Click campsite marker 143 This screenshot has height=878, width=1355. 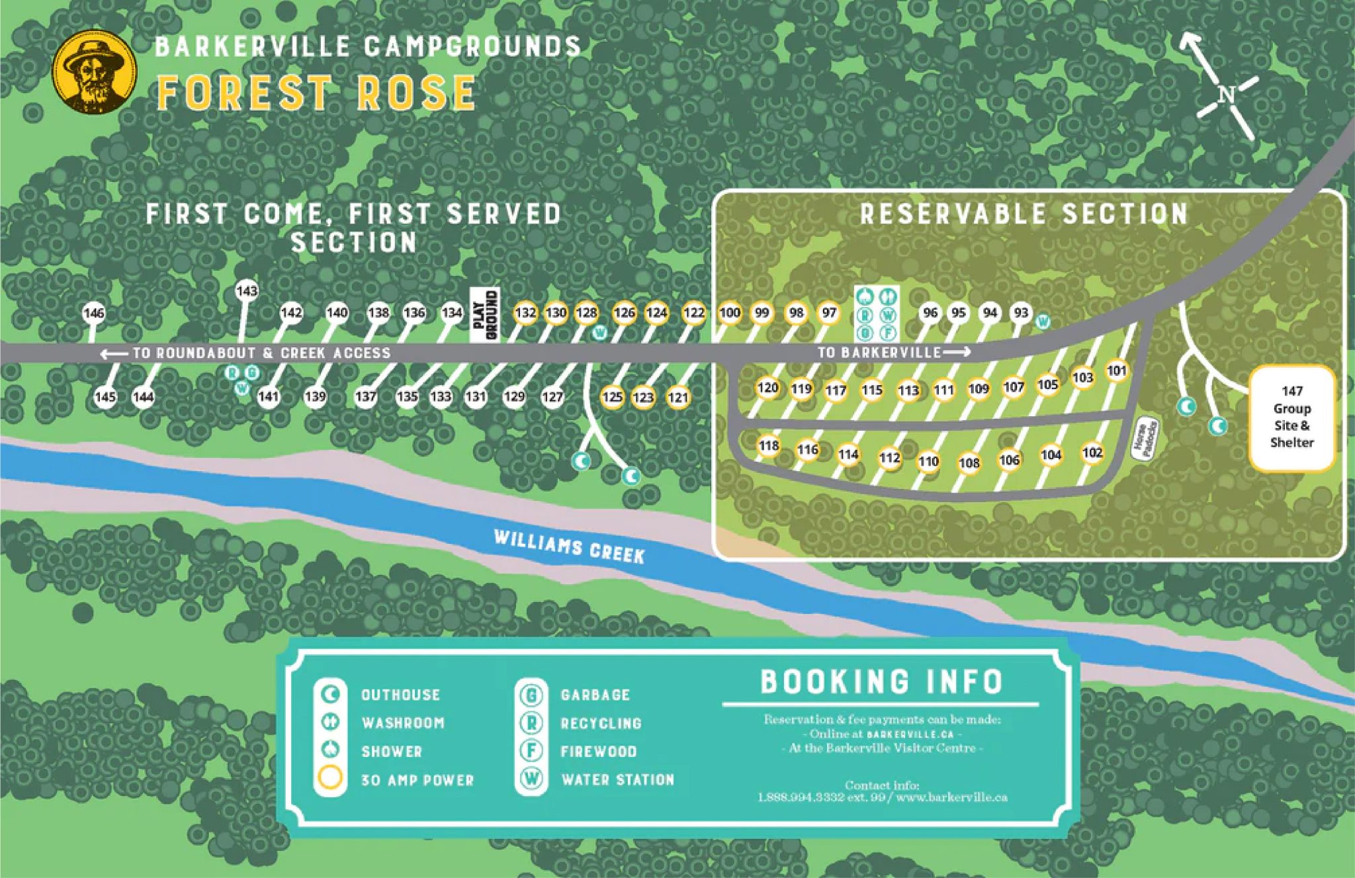pyautogui.click(x=246, y=291)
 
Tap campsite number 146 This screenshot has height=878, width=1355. pyautogui.click(x=94, y=313)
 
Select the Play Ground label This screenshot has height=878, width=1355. pyautogui.click(x=485, y=314)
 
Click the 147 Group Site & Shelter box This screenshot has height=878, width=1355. pyautogui.click(x=1291, y=417)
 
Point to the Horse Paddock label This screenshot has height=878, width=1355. pyautogui.click(x=1145, y=439)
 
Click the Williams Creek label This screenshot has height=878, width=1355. pyautogui.click(x=569, y=547)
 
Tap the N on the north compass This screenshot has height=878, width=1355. pyautogui.click(x=1226, y=95)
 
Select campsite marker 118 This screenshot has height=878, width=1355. pyautogui.click(x=768, y=445)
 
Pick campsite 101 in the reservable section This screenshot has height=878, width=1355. pyautogui.click(x=1117, y=371)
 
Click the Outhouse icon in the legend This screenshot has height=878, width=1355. pyautogui.click(x=330, y=694)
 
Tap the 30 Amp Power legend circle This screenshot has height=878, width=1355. pyautogui.click(x=330, y=778)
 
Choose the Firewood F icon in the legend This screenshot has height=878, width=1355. pyautogui.click(x=531, y=750)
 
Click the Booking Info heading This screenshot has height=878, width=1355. pyautogui.click(x=881, y=681)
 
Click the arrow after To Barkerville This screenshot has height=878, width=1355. pyautogui.click(x=957, y=352)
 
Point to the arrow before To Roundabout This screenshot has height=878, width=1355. pyautogui.click(x=114, y=354)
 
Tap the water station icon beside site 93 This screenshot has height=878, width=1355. pyautogui.click(x=1043, y=322)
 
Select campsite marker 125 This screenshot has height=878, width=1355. pyautogui.click(x=613, y=397)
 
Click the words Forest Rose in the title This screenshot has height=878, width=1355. pyautogui.click(x=316, y=93)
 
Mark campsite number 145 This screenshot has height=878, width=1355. pyautogui.click(x=105, y=397)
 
